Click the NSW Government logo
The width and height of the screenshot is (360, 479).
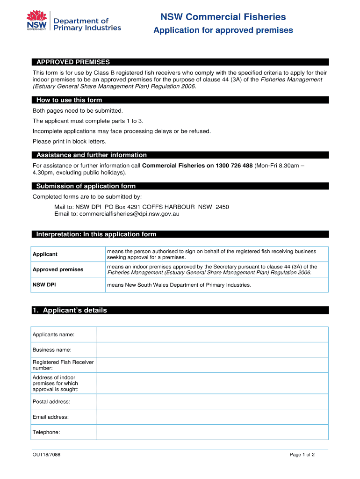click(37, 22)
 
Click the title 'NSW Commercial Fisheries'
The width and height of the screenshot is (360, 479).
click(223, 17)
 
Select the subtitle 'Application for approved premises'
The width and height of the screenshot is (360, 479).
click(223, 30)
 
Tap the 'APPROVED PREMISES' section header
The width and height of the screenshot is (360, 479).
click(73, 62)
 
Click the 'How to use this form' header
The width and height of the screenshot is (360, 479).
click(69, 100)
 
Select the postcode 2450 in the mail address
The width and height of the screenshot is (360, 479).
click(222, 207)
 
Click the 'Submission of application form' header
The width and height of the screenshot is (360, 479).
click(86, 186)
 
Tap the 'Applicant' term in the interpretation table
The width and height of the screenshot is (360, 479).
click(45, 254)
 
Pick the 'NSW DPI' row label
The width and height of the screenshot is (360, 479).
click(44, 284)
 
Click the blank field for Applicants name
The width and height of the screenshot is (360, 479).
click(212, 334)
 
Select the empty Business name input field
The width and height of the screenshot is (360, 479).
click(212, 350)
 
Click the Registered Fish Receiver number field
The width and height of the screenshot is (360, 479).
click(212, 365)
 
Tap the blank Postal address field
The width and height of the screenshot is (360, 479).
click(212, 401)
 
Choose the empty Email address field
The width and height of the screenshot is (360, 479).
click(212, 417)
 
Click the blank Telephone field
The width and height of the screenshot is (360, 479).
click(212, 432)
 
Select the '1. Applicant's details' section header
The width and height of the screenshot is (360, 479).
click(70, 310)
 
